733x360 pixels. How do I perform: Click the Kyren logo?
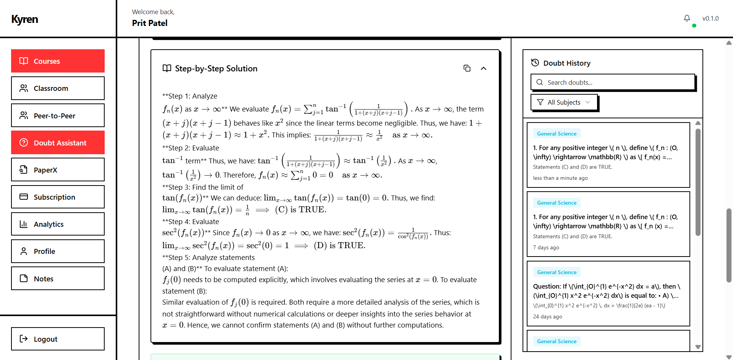coord(25,19)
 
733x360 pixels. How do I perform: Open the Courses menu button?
coord(58,61)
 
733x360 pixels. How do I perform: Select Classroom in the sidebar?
coord(58,88)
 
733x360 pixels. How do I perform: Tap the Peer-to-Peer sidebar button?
coord(58,115)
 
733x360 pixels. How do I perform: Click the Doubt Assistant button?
coord(58,142)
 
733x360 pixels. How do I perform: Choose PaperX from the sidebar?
coord(58,170)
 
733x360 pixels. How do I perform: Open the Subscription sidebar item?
coord(58,197)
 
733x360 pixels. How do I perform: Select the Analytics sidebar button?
coord(58,224)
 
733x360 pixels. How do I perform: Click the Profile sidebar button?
coord(58,251)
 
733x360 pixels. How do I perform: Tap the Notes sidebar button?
coord(58,278)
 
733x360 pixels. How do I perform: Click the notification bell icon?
coord(687,18)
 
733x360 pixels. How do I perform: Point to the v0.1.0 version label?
coord(710,18)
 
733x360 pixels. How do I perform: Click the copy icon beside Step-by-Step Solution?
coord(467,68)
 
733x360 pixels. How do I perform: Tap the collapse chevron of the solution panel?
coord(483,68)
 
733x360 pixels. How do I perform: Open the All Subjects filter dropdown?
coord(564,102)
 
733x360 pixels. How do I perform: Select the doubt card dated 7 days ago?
coord(608,224)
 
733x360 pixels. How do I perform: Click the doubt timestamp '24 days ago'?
coord(547,316)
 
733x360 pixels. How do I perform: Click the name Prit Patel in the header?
coord(150,23)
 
